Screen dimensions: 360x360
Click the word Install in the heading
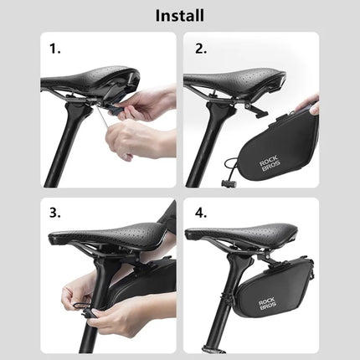pyautogui.click(x=180, y=15)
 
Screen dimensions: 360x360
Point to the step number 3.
pyautogui.click(x=55, y=213)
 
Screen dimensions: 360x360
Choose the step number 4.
pyautogui.click(x=200, y=213)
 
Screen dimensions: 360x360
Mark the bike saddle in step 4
pyautogui.click(x=251, y=239)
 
